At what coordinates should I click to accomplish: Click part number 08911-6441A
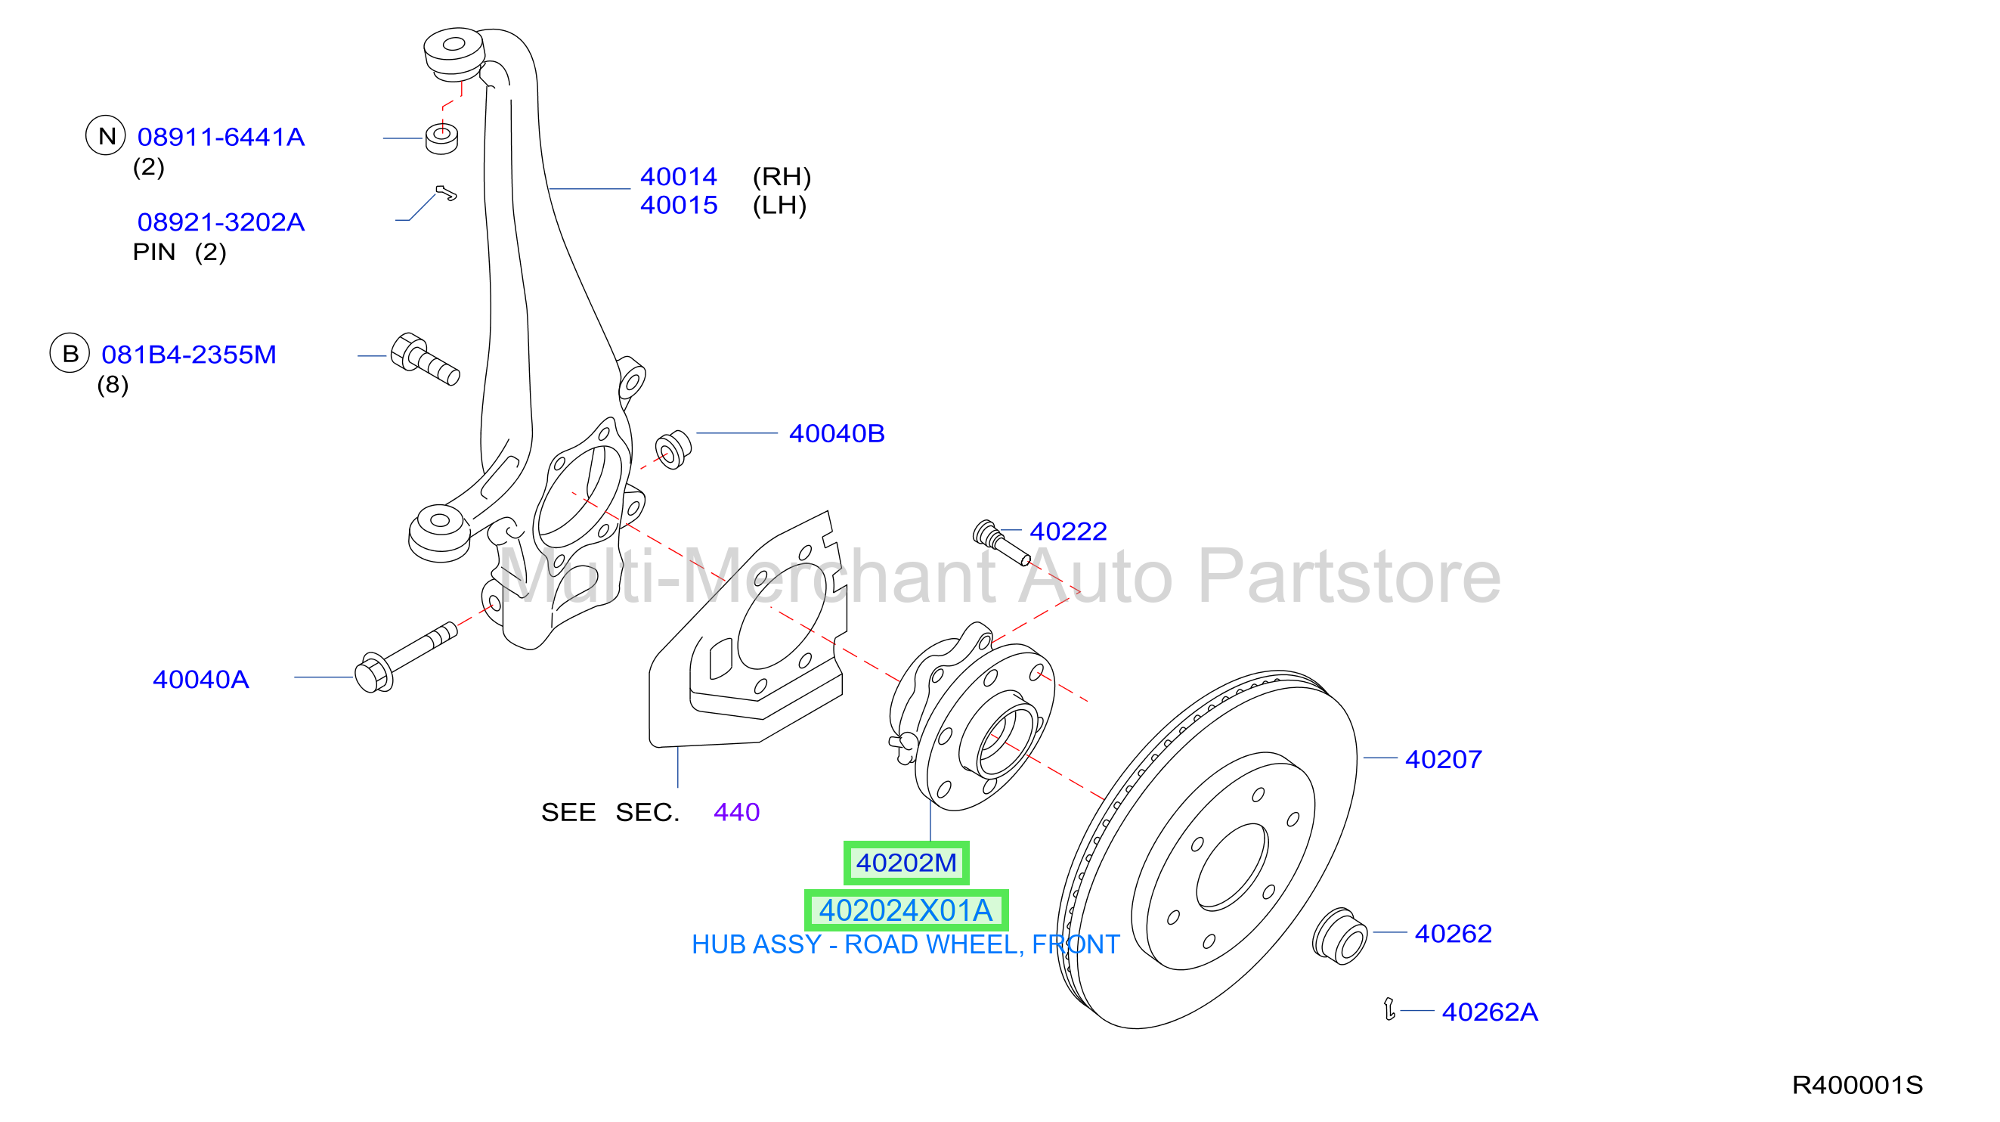[221, 137]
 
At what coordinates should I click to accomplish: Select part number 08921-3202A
[221, 222]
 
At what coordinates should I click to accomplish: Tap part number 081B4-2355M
[189, 354]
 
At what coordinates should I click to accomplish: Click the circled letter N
[106, 135]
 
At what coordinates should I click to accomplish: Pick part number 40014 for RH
[679, 176]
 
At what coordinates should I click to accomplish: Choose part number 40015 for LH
[679, 205]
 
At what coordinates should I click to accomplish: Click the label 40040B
[837, 433]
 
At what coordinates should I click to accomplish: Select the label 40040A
[201, 680]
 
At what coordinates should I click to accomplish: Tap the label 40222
[1068, 531]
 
